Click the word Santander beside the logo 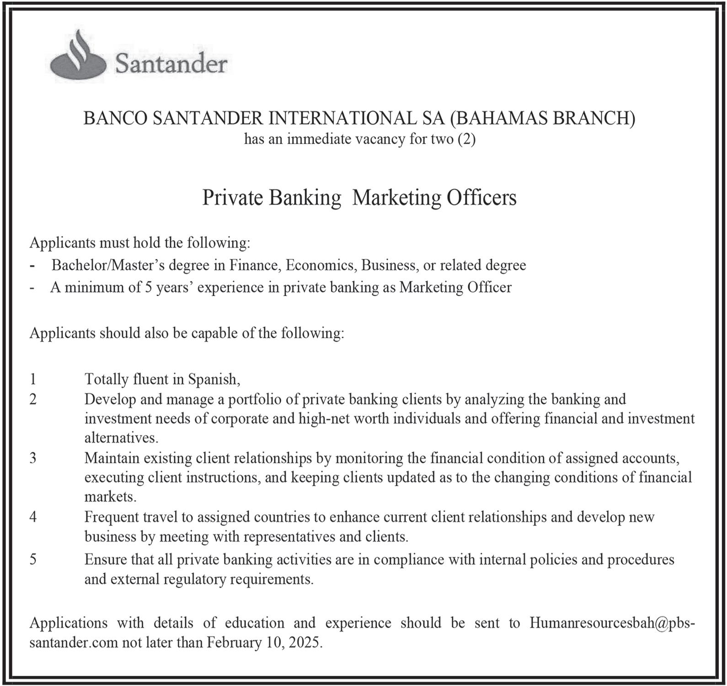point(171,63)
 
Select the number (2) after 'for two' point(466,139)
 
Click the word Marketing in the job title point(395,198)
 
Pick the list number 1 point(33,379)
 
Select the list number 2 point(33,399)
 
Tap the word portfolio point(253,400)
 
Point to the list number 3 point(33,458)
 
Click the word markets point(110,497)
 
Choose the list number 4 point(33,517)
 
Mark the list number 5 point(33,559)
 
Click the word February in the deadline point(234,643)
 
